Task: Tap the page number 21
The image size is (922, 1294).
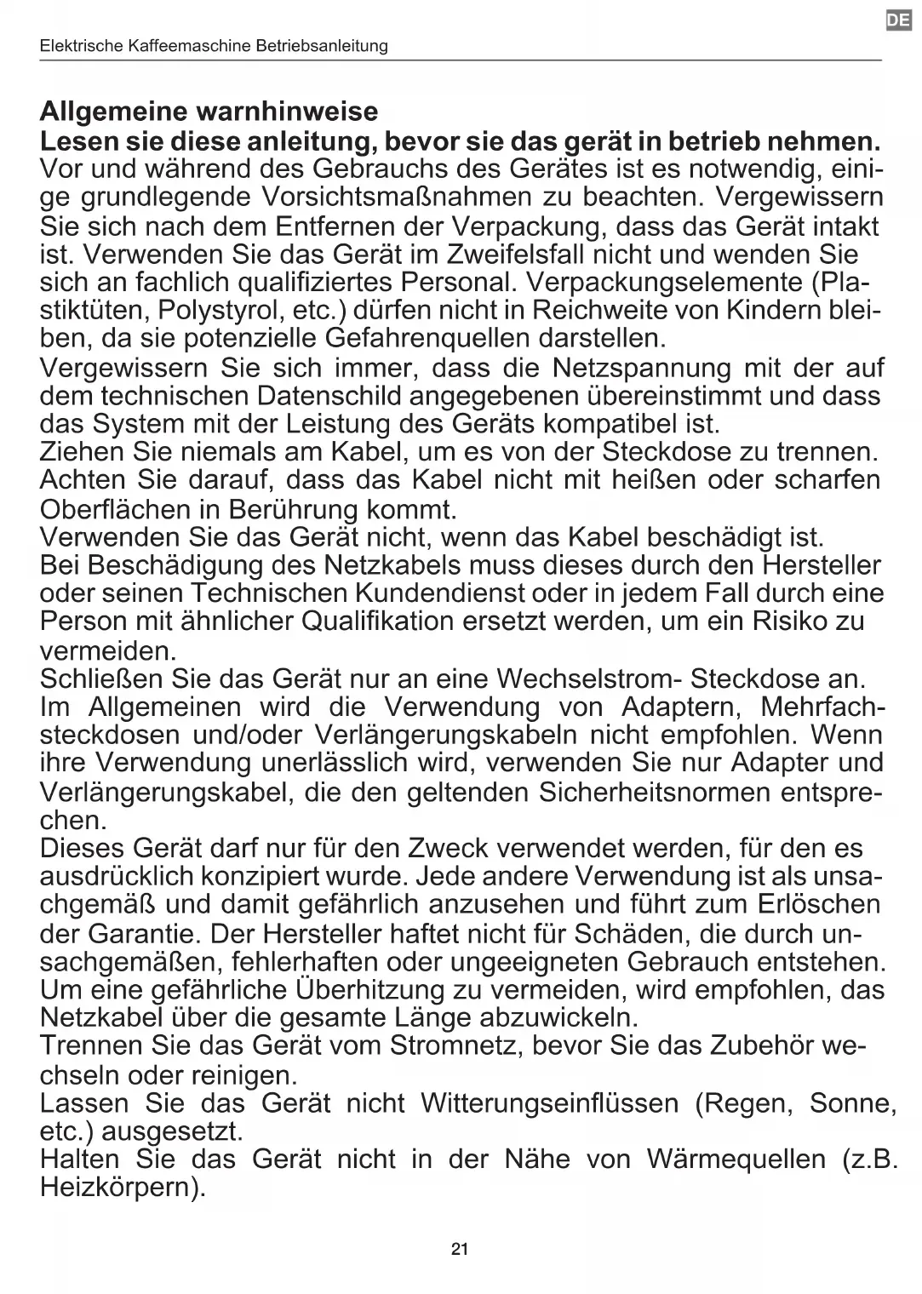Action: click(x=460, y=1249)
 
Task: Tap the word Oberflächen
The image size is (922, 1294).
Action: click(x=128, y=509)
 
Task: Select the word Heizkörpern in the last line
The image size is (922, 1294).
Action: click(x=123, y=1187)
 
